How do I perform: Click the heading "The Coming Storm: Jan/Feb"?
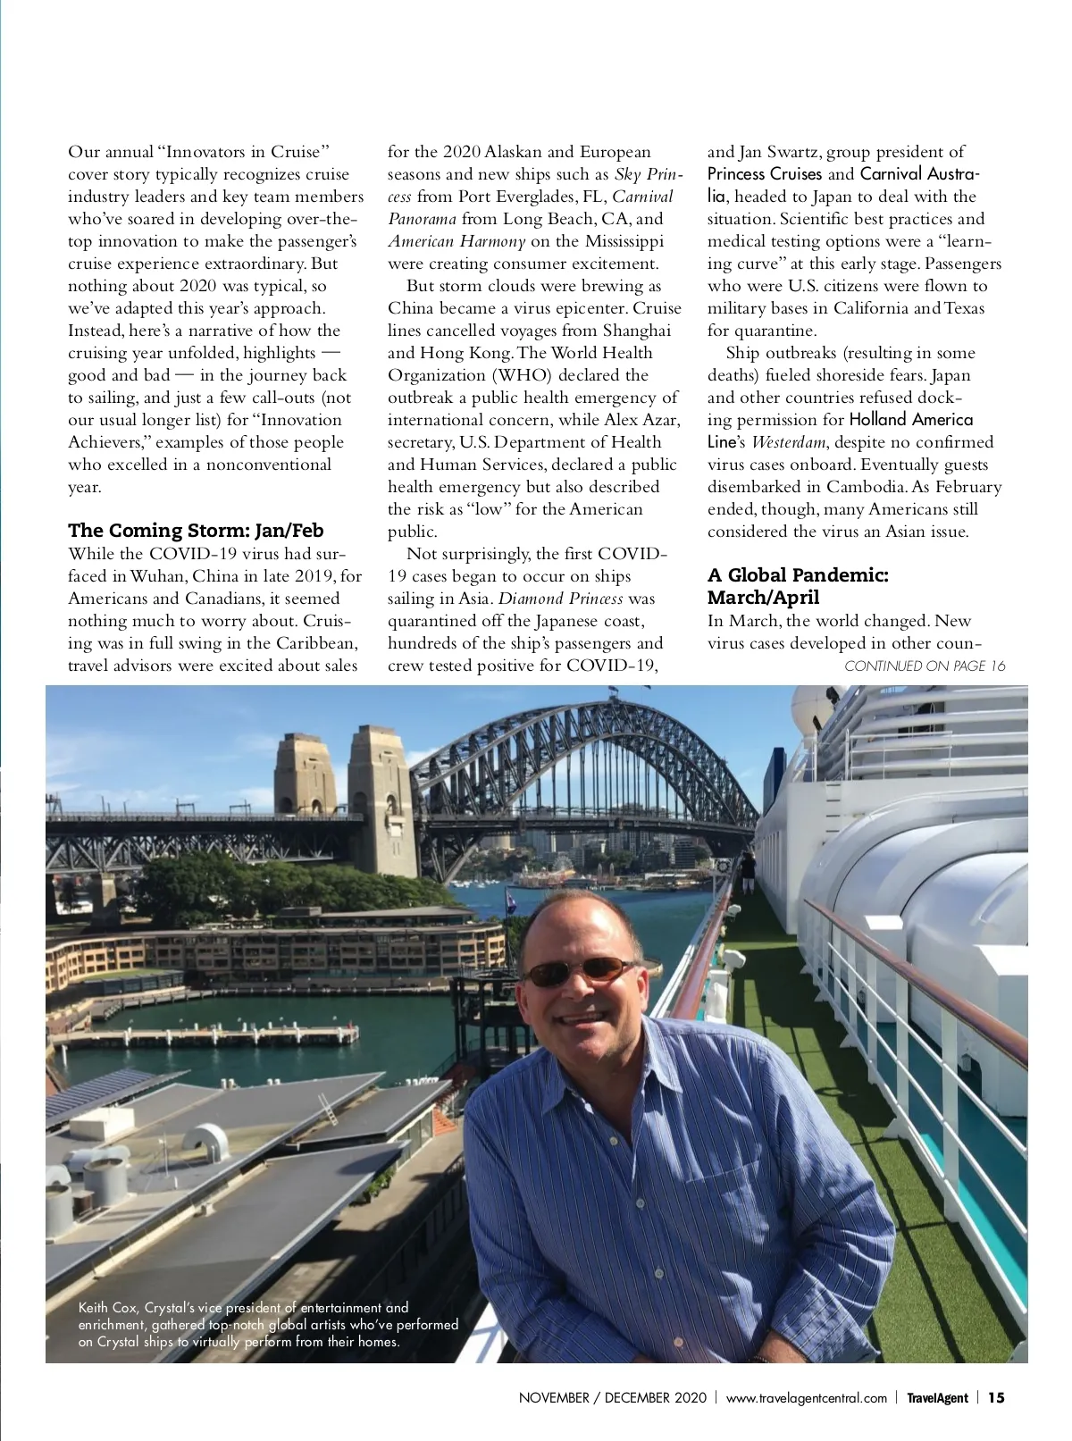[196, 531]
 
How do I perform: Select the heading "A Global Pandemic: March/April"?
[798, 586]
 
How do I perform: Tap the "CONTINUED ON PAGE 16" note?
[925, 666]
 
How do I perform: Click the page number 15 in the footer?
[996, 1397]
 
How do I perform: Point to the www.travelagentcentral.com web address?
[806, 1398]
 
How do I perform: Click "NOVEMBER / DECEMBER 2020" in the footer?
[612, 1398]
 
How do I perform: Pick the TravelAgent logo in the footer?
[937, 1398]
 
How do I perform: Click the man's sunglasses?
[579, 971]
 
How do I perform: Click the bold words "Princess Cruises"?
[764, 174]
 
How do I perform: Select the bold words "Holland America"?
[910, 420]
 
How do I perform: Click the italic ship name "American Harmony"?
[456, 241]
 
